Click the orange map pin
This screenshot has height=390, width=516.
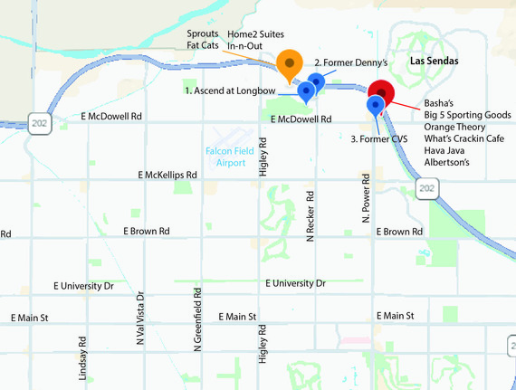point(289,63)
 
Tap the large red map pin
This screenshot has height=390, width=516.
point(381,92)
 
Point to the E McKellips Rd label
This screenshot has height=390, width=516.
point(167,174)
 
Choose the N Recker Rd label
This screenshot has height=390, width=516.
point(310,216)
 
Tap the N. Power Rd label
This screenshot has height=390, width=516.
point(367,199)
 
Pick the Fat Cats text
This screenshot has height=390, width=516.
point(202,44)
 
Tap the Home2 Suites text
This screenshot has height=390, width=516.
point(255,33)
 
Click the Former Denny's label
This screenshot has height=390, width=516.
point(350,62)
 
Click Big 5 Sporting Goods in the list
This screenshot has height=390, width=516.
point(466,115)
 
